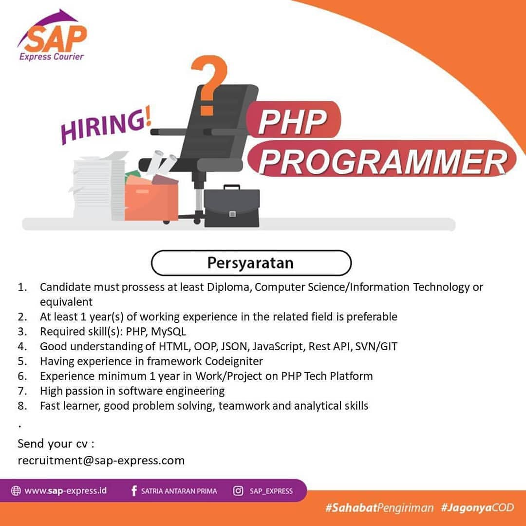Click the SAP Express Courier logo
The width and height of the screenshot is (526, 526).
(52, 36)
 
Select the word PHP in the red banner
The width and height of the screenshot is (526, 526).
(293, 121)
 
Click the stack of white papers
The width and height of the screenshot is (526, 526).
(98, 187)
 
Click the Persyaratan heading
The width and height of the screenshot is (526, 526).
(251, 263)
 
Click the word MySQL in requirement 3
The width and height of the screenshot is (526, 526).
(169, 332)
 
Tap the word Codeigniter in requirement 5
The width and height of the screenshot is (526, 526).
(234, 361)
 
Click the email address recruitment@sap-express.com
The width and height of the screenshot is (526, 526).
(101, 460)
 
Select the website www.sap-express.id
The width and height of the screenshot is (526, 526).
(66, 491)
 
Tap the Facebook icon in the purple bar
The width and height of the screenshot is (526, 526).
(134, 491)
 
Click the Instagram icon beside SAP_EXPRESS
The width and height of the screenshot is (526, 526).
(238, 491)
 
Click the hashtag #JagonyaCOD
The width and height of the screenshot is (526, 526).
(477, 507)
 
